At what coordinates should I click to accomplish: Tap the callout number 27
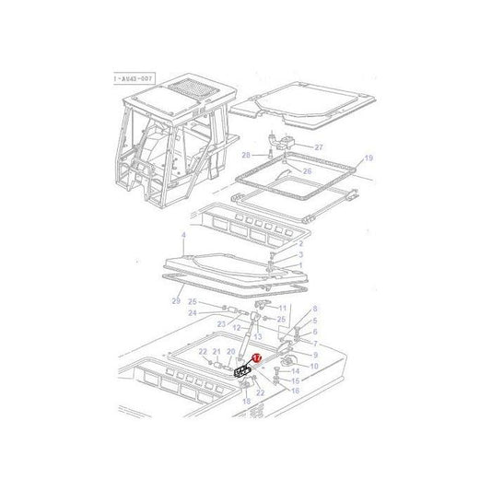(x=319, y=146)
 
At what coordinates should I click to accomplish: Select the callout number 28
(x=246, y=154)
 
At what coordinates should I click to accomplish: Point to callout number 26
(x=308, y=170)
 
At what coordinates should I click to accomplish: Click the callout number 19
(x=342, y=158)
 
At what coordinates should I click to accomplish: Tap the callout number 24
(x=193, y=313)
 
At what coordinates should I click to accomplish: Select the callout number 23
(x=222, y=323)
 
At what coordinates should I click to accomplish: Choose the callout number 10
(x=313, y=367)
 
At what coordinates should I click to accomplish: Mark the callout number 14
(x=294, y=370)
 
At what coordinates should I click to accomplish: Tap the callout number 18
(x=245, y=403)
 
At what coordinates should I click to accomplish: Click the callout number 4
(x=183, y=236)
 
